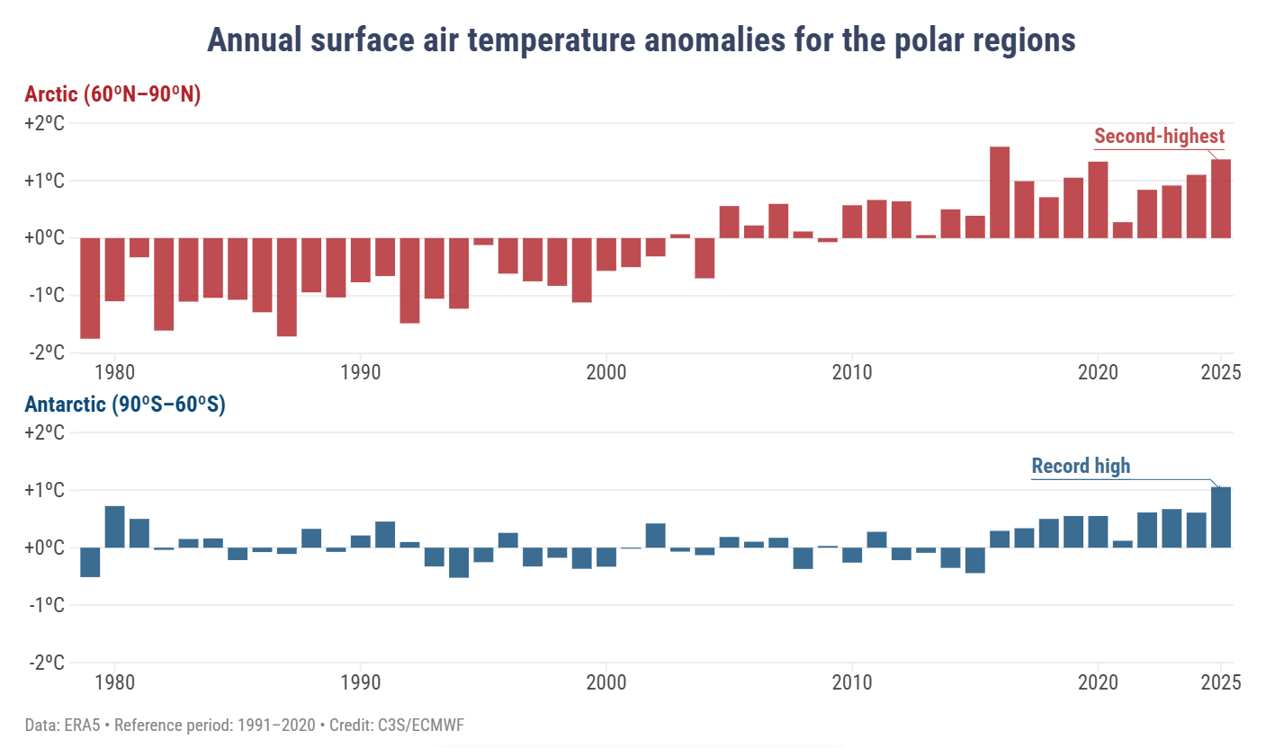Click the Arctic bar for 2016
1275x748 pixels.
click(1000, 192)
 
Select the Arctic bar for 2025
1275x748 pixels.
click(1221, 199)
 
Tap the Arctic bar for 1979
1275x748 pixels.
click(90, 288)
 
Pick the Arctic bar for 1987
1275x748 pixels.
click(287, 287)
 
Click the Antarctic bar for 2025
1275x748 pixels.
click(1221, 517)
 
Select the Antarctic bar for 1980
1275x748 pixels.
click(115, 527)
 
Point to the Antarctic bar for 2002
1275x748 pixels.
click(656, 535)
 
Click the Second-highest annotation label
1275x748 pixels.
click(1159, 137)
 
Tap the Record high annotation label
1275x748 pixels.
click(1081, 466)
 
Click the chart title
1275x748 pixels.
click(641, 40)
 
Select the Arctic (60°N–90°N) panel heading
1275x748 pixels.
click(113, 94)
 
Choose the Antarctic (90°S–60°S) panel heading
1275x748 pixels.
click(125, 405)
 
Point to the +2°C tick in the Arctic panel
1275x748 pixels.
click(45, 123)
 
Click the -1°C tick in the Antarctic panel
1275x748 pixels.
click(45, 605)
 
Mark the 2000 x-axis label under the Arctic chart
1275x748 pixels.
click(606, 370)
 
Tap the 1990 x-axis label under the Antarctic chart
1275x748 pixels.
click(361, 681)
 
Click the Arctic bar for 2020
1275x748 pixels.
click(1098, 200)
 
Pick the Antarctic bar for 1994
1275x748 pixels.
click(459, 562)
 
